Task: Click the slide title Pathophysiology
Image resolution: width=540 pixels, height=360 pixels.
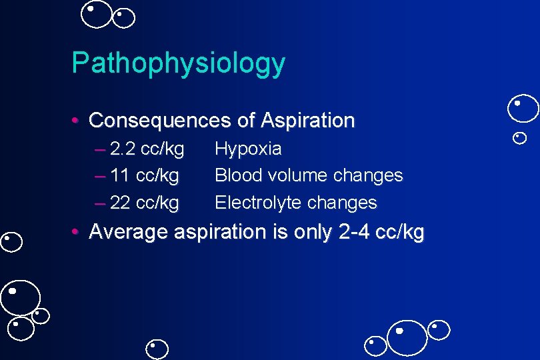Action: tap(178, 64)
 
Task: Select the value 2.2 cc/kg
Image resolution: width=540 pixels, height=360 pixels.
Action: tap(147, 149)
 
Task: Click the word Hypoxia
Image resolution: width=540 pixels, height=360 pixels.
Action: tap(248, 149)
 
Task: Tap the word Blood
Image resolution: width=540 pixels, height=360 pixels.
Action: tap(233, 176)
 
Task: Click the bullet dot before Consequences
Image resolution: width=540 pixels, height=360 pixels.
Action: tap(77, 121)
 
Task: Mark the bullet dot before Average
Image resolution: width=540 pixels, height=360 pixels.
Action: tap(77, 233)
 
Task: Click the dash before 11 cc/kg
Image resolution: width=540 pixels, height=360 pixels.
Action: tap(101, 176)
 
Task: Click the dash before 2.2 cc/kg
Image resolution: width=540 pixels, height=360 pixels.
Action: tap(101, 149)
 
